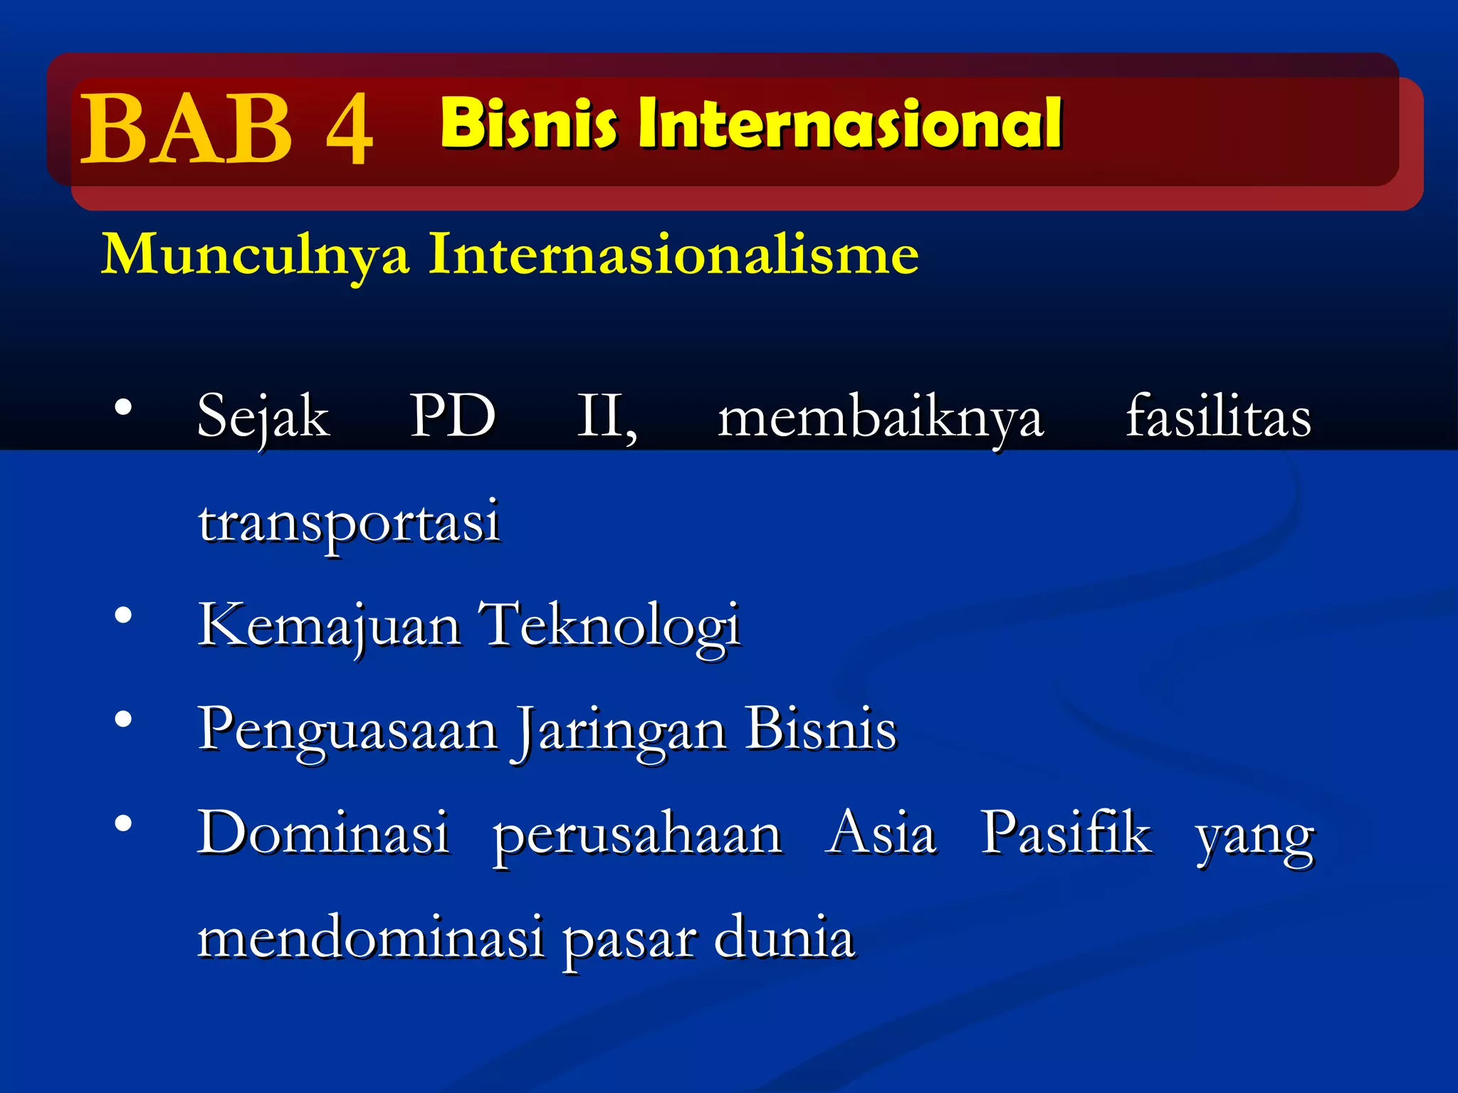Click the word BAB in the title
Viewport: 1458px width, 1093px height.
click(187, 129)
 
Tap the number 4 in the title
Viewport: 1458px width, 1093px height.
click(349, 130)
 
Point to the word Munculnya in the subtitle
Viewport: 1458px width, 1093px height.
click(256, 255)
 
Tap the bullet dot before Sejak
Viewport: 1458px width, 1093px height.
click(124, 408)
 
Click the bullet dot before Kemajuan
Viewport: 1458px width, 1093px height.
click(124, 616)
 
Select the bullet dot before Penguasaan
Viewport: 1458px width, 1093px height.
click(124, 720)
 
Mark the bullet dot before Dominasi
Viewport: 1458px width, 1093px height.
click(124, 824)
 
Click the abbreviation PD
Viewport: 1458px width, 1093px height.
click(453, 416)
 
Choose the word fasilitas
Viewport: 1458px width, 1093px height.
click(1218, 416)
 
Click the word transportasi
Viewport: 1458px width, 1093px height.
click(349, 522)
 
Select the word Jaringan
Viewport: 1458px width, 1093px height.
click(619, 730)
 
